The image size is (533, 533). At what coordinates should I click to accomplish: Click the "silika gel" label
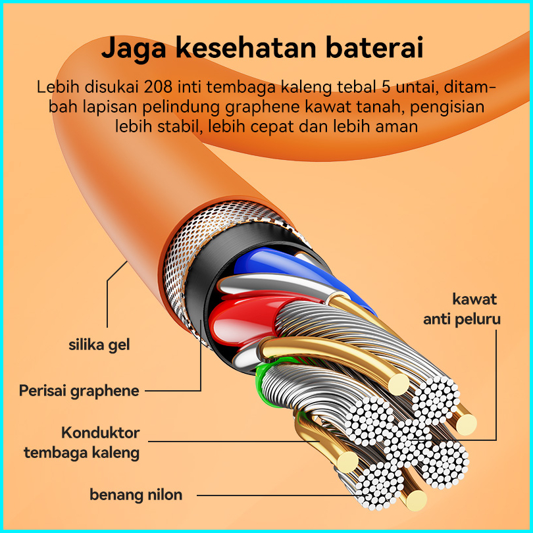(99, 344)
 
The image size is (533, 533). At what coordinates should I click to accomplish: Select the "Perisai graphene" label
(79, 391)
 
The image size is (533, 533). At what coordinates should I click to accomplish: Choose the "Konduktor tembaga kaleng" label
(82, 443)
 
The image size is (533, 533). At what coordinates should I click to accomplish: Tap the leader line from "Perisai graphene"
(172, 391)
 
